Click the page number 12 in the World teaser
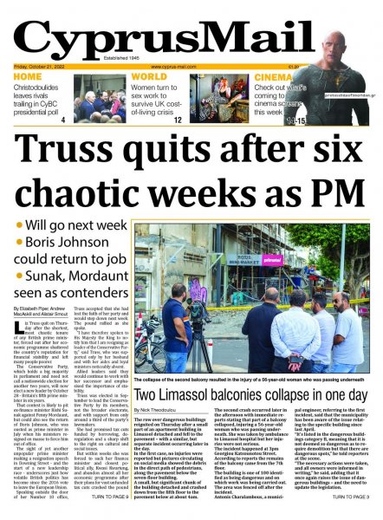coord(178,120)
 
